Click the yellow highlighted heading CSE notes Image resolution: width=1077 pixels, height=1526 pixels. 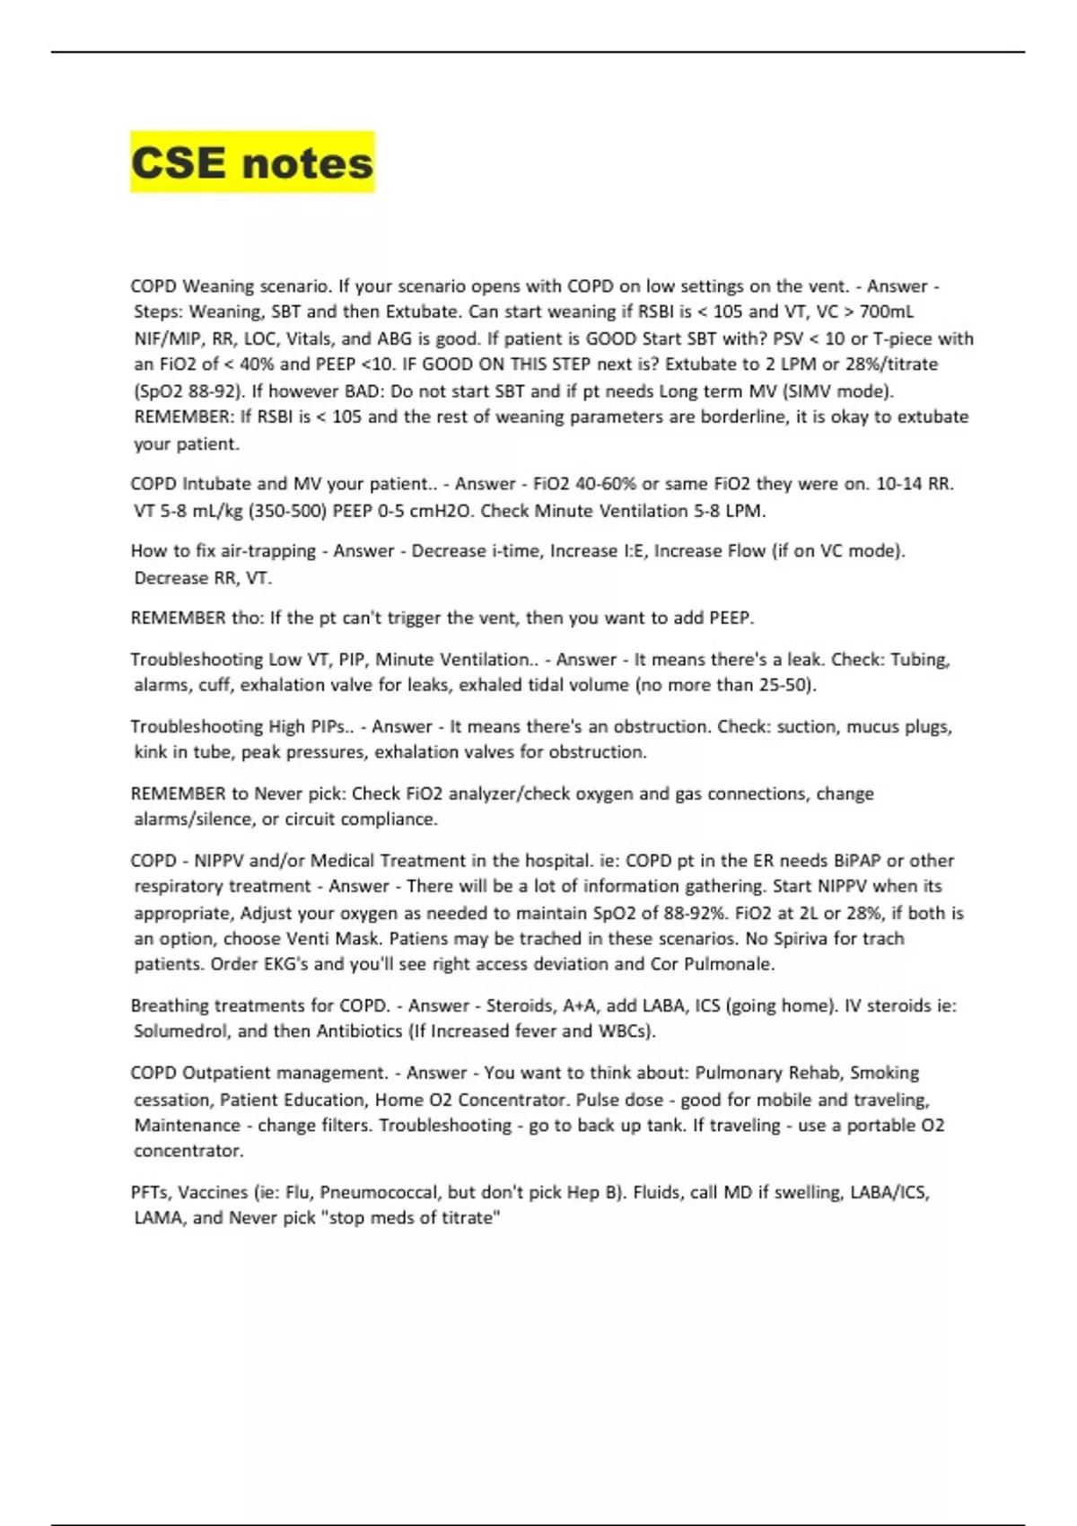pos(251,163)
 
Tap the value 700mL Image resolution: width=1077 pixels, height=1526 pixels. pos(886,311)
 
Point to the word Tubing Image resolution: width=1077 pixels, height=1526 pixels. pos(919,659)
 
